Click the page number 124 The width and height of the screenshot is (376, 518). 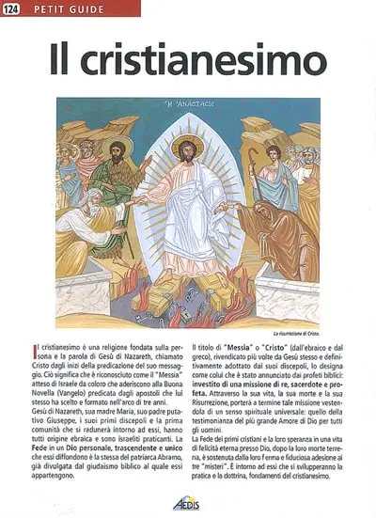(14, 9)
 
